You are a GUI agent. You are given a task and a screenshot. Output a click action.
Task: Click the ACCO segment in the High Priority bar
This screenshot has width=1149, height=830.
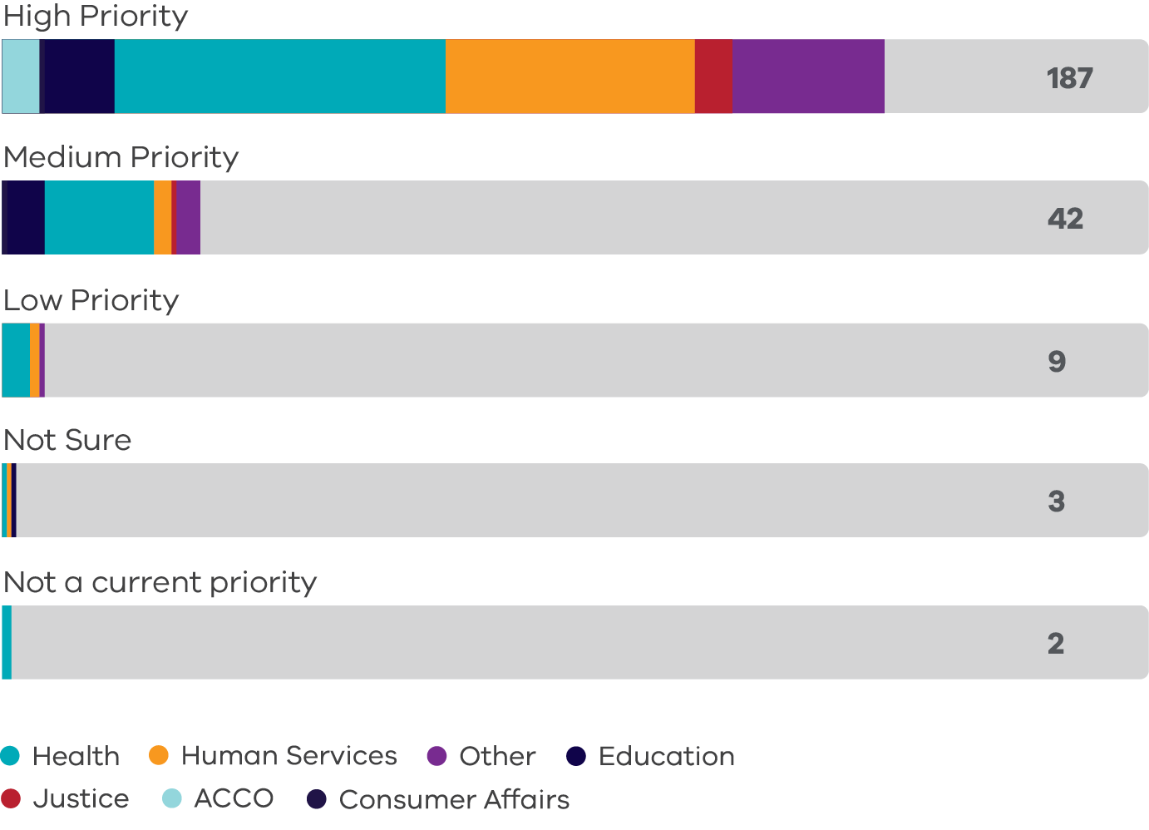(x=21, y=76)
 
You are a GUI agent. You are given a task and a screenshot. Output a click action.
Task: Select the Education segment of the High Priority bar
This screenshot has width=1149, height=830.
(x=78, y=76)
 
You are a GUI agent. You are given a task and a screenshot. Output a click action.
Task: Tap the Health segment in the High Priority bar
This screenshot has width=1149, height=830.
(x=279, y=76)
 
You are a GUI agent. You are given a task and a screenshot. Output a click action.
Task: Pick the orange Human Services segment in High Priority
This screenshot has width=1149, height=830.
(x=570, y=76)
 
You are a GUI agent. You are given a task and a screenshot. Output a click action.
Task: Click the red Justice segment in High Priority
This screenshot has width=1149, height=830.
(x=713, y=76)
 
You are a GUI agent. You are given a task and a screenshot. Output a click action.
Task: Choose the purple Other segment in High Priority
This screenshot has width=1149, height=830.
(x=808, y=76)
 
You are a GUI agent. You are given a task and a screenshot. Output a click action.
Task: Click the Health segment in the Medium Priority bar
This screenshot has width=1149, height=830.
(x=99, y=217)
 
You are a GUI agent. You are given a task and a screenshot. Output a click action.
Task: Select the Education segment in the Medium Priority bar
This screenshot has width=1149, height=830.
(x=26, y=217)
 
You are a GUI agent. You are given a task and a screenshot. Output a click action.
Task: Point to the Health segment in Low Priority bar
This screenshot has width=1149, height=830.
(x=16, y=360)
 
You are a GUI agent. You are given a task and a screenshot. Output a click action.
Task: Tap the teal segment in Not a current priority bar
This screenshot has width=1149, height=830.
(x=7, y=642)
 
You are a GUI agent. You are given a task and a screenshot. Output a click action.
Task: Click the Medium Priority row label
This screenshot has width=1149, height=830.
(x=121, y=157)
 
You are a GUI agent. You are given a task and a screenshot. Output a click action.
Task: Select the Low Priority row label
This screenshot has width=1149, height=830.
(x=91, y=300)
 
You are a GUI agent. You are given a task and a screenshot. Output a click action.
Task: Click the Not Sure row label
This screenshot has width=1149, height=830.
(x=67, y=440)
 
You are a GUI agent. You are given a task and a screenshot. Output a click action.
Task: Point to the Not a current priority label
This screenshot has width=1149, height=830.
(x=160, y=582)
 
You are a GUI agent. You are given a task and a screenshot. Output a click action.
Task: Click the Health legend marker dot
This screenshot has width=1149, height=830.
(x=10, y=756)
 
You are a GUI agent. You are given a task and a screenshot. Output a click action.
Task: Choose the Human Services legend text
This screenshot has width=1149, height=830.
(x=288, y=756)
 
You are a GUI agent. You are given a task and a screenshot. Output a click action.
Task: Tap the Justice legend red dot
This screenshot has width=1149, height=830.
(x=11, y=799)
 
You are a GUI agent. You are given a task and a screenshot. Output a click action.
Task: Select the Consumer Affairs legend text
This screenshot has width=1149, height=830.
(x=454, y=800)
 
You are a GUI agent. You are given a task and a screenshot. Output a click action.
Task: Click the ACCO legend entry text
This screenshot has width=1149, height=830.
(x=234, y=799)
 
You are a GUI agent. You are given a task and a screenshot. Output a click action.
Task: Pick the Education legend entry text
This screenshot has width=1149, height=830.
(x=666, y=756)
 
